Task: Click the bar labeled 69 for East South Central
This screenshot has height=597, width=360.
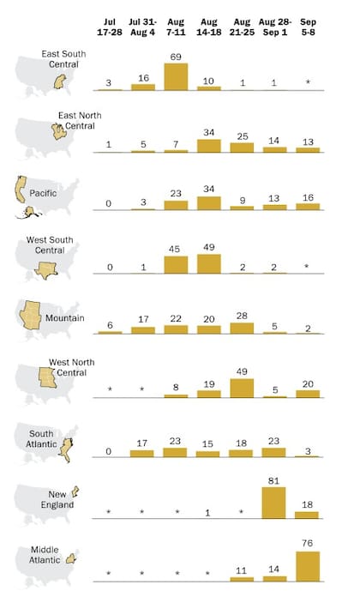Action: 176,76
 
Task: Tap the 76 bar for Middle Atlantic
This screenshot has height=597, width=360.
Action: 308,566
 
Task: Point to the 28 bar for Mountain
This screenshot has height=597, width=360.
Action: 242,327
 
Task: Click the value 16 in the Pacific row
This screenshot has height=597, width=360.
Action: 308,197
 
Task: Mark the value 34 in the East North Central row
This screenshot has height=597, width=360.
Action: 209,131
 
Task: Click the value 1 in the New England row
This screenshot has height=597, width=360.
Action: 209,512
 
